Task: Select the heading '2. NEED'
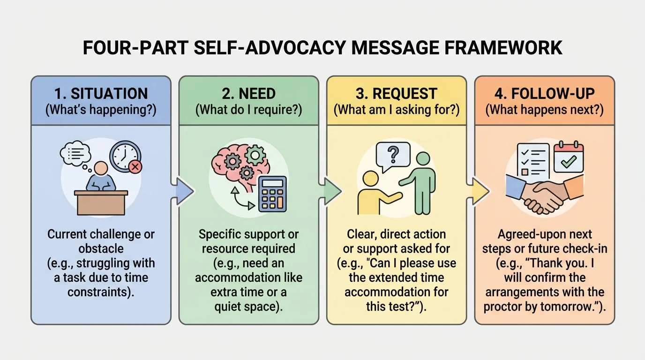(x=248, y=94)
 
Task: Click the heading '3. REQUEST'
(x=396, y=94)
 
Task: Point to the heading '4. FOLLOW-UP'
(x=544, y=94)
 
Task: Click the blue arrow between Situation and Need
(x=184, y=191)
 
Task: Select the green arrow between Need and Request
(x=332, y=191)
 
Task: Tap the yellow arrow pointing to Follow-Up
(x=480, y=191)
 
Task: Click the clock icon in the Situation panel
(x=125, y=156)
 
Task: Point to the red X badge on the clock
(x=135, y=167)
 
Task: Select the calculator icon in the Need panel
(x=272, y=194)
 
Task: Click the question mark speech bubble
(x=393, y=154)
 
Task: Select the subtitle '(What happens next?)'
(x=544, y=110)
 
